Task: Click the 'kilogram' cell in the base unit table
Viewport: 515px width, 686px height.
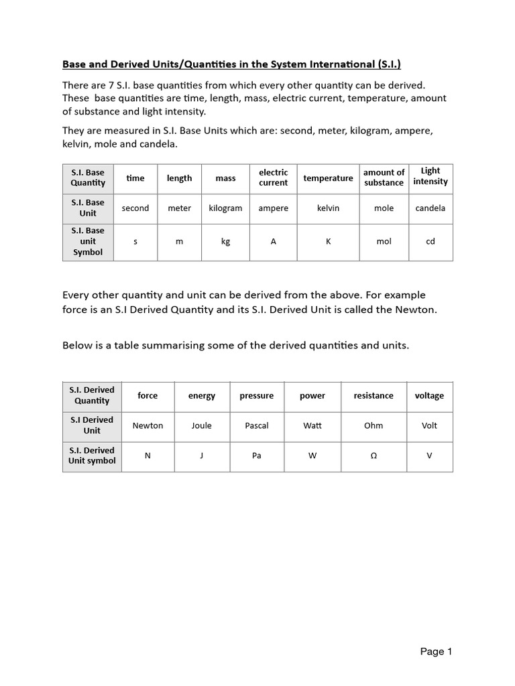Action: tap(225, 208)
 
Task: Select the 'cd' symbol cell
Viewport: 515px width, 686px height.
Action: tap(431, 242)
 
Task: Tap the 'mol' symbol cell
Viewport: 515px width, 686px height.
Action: tap(384, 242)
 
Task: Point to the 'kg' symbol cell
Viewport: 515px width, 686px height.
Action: tap(225, 242)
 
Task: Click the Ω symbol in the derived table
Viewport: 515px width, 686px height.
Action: tap(374, 456)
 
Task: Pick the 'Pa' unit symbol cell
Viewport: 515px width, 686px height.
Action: tap(257, 456)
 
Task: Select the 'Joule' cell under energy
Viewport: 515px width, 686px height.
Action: tap(201, 426)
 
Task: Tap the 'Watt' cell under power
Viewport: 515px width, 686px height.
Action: tap(312, 426)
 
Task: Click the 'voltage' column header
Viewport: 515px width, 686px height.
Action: tap(429, 396)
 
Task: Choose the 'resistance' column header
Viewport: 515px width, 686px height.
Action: tap(374, 396)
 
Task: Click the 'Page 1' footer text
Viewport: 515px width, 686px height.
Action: tap(437, 651)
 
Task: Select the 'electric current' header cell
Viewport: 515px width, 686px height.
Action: tap(273, 178)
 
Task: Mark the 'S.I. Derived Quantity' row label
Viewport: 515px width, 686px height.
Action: tap(92, 395)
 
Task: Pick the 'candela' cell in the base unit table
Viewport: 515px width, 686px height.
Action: tap(431, 208)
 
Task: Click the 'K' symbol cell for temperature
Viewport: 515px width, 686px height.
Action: tap(328, 242)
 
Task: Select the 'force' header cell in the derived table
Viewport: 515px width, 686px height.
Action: tap(148, 396)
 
